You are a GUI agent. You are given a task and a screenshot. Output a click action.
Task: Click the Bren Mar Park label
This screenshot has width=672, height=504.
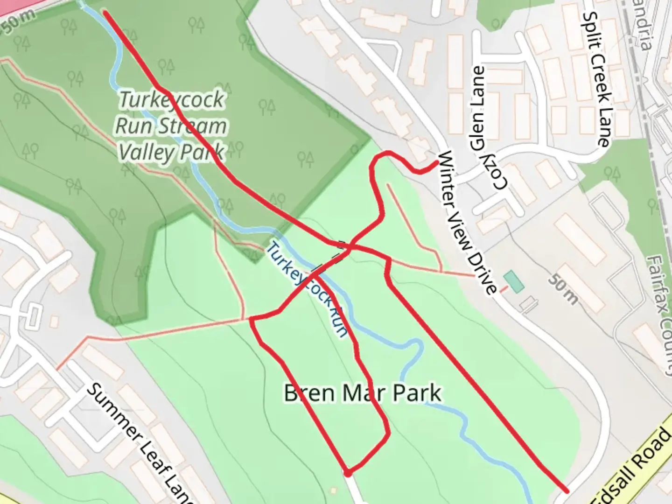[362, 393]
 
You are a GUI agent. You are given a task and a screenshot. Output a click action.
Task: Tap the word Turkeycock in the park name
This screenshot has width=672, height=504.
[172, 100]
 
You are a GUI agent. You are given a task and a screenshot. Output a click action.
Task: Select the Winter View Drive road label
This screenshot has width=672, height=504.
[467, 223]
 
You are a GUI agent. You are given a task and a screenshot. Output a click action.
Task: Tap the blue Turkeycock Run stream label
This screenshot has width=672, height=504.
[307, 289]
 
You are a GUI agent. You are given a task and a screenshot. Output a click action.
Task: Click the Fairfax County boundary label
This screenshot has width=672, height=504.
[659, 313]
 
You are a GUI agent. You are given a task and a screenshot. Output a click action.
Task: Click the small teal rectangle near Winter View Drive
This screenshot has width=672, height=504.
[514, 282]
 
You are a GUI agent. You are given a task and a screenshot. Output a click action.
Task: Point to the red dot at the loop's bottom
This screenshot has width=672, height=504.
[348, 473]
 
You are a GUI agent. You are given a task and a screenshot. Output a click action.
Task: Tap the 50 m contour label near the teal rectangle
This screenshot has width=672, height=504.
[562, 289]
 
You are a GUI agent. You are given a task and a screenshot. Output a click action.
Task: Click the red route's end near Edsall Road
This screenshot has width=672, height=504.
[567, 491]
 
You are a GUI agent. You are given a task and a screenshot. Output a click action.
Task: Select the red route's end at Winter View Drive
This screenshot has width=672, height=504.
[436, 162]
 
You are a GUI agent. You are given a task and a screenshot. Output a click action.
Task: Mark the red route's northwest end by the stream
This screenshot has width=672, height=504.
[105, 12]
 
